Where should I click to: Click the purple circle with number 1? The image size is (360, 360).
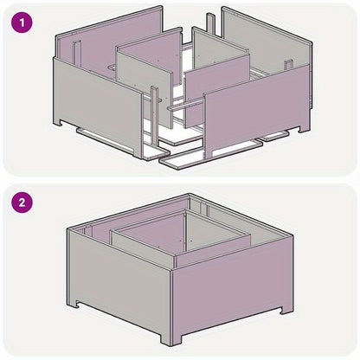pos(22,22)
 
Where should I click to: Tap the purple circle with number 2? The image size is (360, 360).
pos(22,202)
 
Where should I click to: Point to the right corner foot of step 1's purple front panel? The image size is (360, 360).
pos(304,127)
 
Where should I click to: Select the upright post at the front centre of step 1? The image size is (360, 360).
pos(154,115)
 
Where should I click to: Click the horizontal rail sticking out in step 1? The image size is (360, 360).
pos(185,105)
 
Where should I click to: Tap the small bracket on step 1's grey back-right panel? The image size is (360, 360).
pos(288,65)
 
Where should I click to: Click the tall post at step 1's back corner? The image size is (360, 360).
pos(211,25)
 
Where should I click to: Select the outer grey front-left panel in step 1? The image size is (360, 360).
pos(98,105)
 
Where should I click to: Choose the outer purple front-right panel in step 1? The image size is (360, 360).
pos(257,107)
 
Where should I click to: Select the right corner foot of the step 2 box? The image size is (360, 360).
pos(286,309)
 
